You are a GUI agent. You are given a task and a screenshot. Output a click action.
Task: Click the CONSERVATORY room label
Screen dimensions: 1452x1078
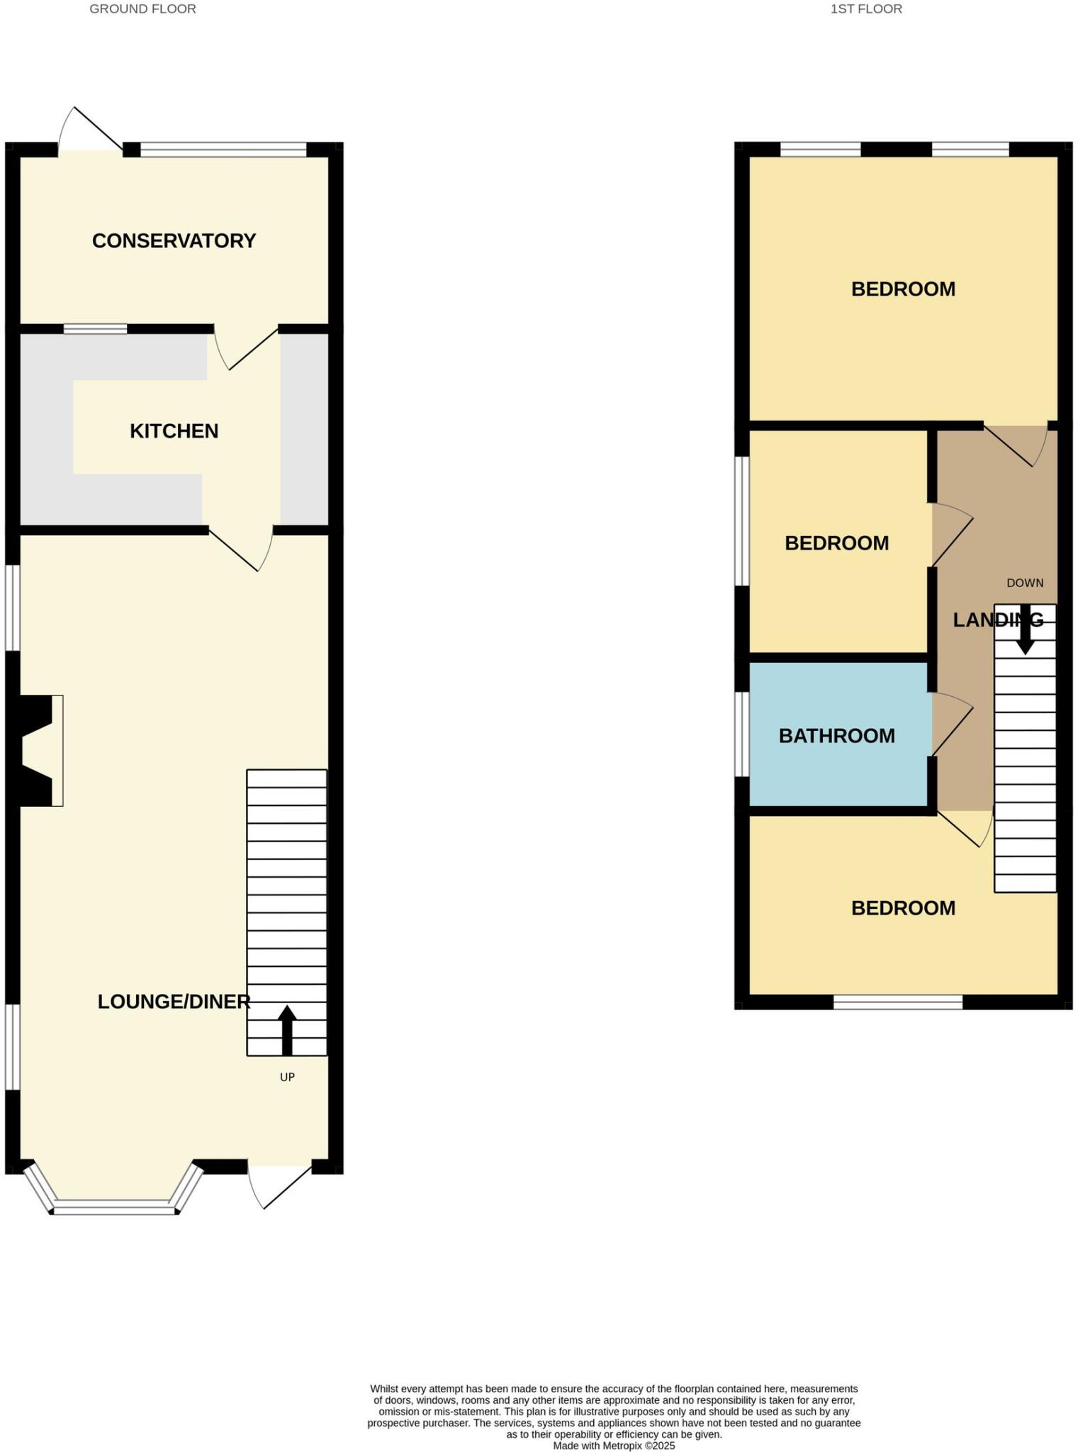point(174,241)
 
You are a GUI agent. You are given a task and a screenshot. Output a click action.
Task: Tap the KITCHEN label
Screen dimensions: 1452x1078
point(174,431)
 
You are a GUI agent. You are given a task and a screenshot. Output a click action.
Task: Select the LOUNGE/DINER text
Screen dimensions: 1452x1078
point(174,1002)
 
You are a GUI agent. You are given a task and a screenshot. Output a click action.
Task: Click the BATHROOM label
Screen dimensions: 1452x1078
point(836,736)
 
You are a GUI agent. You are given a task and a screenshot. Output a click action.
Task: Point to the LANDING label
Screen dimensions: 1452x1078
point(998,620)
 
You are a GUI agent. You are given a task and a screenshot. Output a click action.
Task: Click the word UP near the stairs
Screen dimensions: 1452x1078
point(287,1077)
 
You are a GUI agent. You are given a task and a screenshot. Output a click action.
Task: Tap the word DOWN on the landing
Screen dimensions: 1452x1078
point(1025,583)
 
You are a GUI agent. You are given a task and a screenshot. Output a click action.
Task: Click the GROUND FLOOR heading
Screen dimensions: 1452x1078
point(142,9)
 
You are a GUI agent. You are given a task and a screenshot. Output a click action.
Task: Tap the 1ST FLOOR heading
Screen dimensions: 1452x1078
point(866,9)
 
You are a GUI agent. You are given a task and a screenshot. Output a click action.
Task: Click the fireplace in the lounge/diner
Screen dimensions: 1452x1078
point(39,751)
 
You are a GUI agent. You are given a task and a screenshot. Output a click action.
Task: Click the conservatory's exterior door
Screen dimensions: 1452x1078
point(91,131)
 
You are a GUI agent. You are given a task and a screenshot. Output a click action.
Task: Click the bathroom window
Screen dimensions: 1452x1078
point(741,735)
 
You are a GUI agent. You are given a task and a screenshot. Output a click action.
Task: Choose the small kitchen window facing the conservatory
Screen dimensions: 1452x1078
point(95,328)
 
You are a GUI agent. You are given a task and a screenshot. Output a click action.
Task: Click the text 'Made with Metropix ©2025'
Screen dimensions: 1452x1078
point(614,1446)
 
